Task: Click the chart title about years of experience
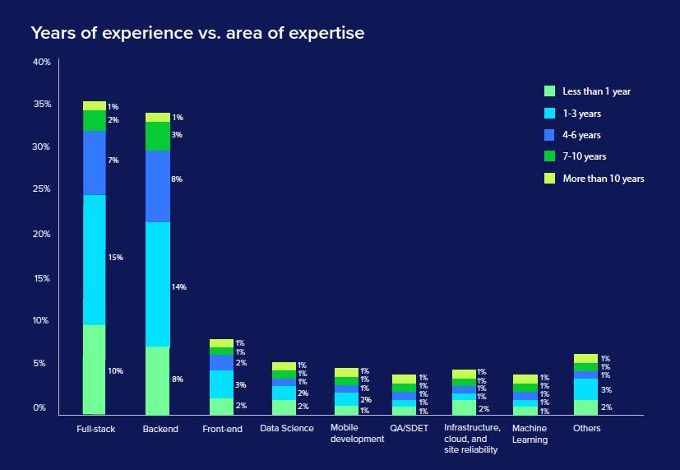point(197,34)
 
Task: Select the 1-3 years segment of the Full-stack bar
point(95,259)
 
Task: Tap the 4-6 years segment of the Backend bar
point(157,186)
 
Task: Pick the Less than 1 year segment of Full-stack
point(95,369)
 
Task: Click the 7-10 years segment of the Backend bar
point(157,136)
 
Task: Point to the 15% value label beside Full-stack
point(115,258)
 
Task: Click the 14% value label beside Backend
point(178,287)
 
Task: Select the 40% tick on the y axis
point(42,63)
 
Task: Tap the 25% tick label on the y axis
point(42,189)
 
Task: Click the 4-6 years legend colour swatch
point(551,135)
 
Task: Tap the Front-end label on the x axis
point(222,429)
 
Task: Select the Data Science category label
point(286,429)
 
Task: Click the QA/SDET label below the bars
point(409,429)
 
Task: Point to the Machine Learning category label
point(529,434)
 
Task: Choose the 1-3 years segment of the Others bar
point(585,389)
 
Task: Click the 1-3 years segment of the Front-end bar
point(221,384)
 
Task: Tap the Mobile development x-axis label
point(357,434)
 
